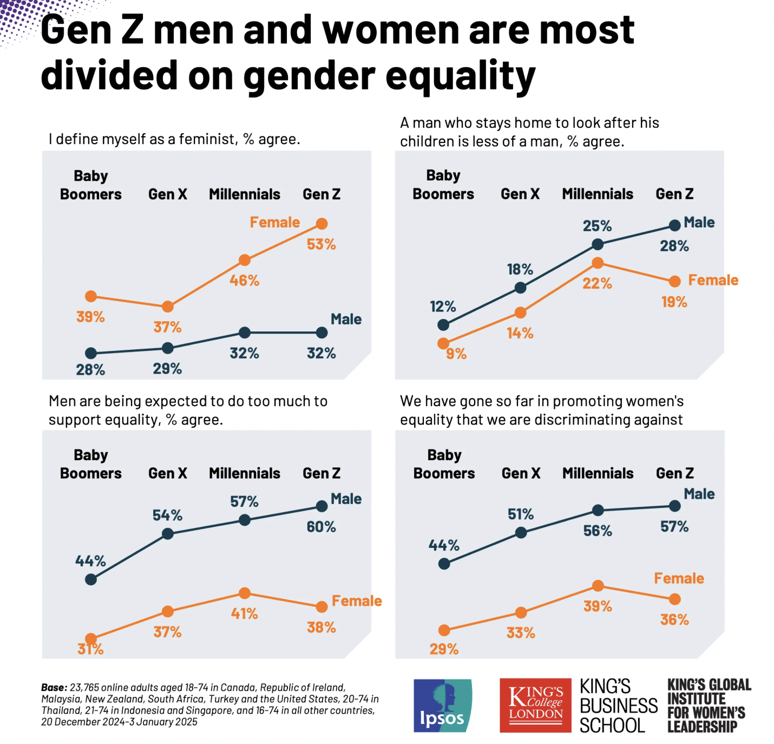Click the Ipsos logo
[x=442, y=705]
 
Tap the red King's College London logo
[x=535, y=705]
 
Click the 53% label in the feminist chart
[x=321, y=245]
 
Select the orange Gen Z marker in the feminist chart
[x=322, y=224]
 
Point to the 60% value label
[x=321, y=527]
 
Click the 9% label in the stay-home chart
[x=456, y=354]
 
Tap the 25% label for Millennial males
[x=597, y=226]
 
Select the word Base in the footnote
[x=54, y=688]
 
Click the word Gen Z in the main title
[x=92, y=30]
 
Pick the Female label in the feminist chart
[x=274, y=223]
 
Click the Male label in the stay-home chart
[x=699, y=223]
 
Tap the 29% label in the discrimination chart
[x=444, y=649]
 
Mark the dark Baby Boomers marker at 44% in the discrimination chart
[x=444, y=564]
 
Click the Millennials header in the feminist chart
[x=245, y=194]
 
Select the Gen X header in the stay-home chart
[x=520, y=194]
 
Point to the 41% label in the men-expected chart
[x=244, y=614]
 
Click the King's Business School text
[x=618, y=706]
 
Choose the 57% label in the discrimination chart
[x=674, y=527]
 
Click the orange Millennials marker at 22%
[x=598, y=263]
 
